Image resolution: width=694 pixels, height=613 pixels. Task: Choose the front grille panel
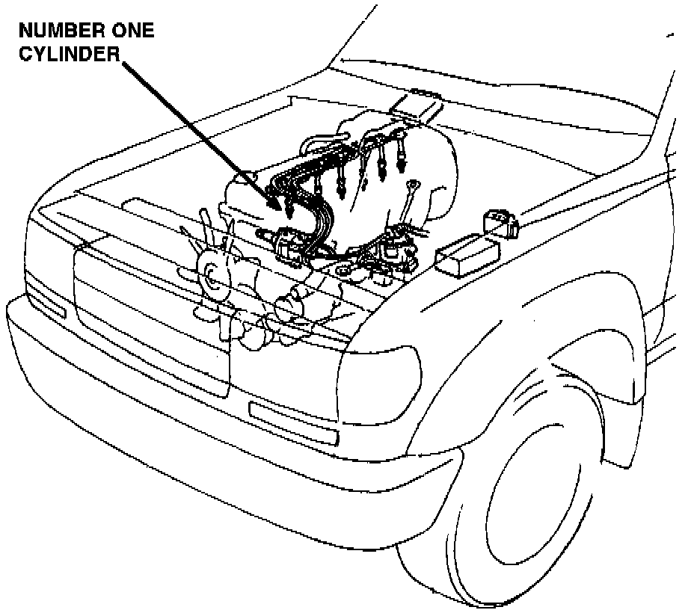tap(150, 314)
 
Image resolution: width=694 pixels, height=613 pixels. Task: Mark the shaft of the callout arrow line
tap(202, 135)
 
